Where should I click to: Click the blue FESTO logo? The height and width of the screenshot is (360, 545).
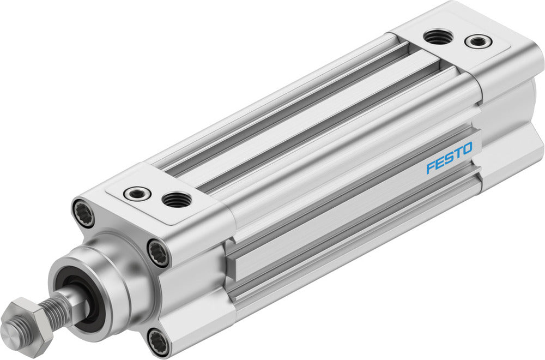click(449, 157)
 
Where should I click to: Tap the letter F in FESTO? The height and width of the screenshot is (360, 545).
click(430, 166)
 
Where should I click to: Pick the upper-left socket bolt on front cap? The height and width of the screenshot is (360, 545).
click(83, 213)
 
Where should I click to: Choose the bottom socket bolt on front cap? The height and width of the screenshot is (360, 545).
click(159, 342)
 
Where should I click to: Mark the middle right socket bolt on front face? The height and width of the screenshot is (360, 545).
click(159, 253)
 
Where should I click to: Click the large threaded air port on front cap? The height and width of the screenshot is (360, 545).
click(177, 199)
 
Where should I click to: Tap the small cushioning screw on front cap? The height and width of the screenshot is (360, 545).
click(137, 193)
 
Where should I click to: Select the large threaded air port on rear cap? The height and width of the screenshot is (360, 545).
click(438, 37)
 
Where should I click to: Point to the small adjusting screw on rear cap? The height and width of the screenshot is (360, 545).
click(477, 41)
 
